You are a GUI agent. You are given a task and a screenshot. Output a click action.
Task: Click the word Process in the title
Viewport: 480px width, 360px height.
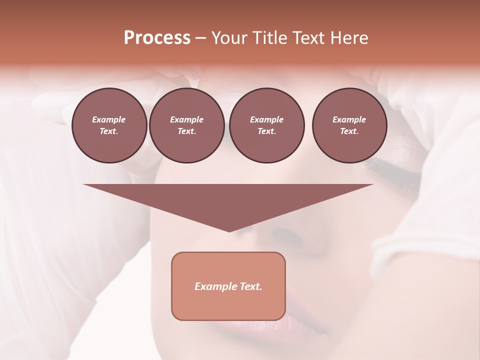tap(157, 38)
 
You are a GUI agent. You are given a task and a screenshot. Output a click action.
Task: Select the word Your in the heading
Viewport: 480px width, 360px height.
tap(229, 38)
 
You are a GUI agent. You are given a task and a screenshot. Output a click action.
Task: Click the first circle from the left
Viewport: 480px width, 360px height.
tap(109, 125)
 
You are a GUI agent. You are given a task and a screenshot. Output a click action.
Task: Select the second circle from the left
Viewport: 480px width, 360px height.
tap(186, 125)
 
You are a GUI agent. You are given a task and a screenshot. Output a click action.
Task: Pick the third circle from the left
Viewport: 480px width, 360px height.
tap(266, 125)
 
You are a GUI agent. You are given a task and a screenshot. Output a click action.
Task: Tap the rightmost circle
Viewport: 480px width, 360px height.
tap(349, 125)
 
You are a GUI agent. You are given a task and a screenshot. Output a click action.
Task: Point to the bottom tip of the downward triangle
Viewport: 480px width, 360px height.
tap(229, 231)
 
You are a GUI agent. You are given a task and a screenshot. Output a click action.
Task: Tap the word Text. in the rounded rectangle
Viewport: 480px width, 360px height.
tap(251, 286)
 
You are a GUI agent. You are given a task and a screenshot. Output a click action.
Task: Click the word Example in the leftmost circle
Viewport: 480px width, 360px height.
tap(109, 119)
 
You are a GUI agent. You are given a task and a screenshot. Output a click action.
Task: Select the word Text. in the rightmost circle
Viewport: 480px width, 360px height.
tap(349, 131)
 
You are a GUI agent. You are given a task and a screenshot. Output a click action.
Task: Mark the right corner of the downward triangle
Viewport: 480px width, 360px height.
tap(372, 185)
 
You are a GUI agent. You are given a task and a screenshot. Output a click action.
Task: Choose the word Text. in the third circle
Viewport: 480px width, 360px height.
tap(266, 131)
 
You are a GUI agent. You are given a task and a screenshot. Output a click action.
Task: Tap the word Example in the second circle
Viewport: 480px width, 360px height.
tap(186, 119)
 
